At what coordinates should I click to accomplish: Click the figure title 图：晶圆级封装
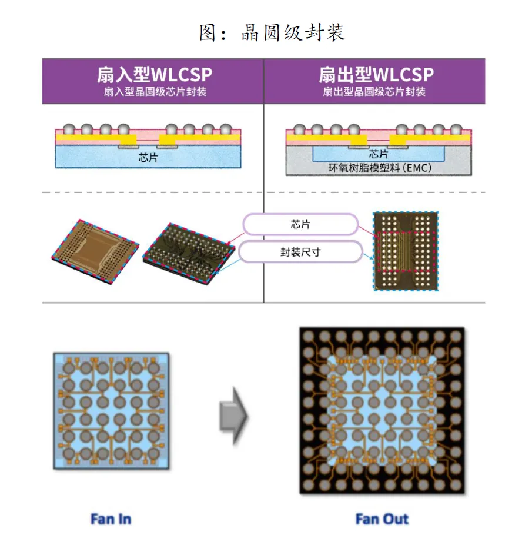[x=272, y=33]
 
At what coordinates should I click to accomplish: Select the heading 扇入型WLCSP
[x=155, y=75]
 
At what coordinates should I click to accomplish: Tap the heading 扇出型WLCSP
[x=376, y=75]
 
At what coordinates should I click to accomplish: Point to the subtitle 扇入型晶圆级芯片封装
[x=155, y=92]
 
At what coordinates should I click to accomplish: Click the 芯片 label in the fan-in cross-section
[x=148, y=158]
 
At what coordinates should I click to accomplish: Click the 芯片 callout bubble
[x=300, y=225]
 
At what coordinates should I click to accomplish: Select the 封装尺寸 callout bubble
[x=300, y=251]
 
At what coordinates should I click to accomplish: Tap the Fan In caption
[x=111, y=519]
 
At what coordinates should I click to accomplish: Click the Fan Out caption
[x=382, y=519]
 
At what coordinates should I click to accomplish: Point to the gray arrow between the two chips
[x=233, y=416]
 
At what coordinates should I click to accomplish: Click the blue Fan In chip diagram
[x=111, y=410]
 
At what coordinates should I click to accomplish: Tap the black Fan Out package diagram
[x=382, y=410]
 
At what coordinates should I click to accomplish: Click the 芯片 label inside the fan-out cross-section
[x=379, y=154]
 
